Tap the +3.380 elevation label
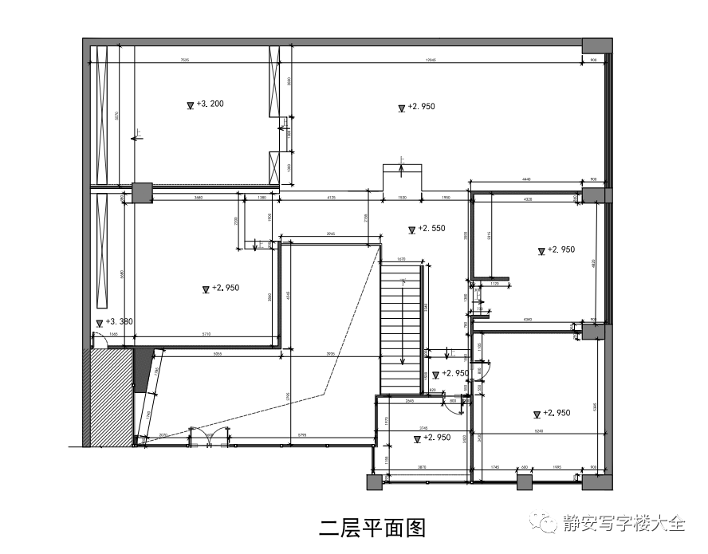point(119,322)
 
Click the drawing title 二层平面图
point(372,527)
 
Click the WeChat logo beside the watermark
point(549,524)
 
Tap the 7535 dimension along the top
point(185,60)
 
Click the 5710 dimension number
point(206,335)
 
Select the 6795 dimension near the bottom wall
point(302,434)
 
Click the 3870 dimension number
point(424,466)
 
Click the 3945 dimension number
point(330,234)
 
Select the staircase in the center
point(401,327)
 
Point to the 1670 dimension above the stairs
point(401,258)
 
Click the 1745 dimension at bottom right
point(495,466)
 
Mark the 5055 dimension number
point(217,352)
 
